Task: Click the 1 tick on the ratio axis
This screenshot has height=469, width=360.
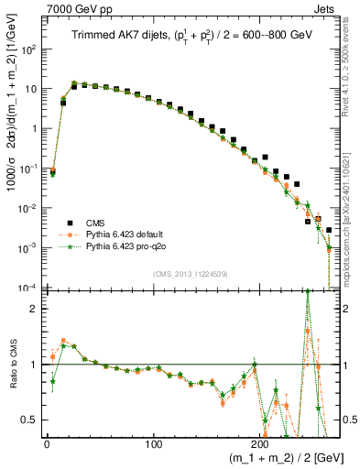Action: point(33,365)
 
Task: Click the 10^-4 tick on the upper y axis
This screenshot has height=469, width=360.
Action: point(27,288)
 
